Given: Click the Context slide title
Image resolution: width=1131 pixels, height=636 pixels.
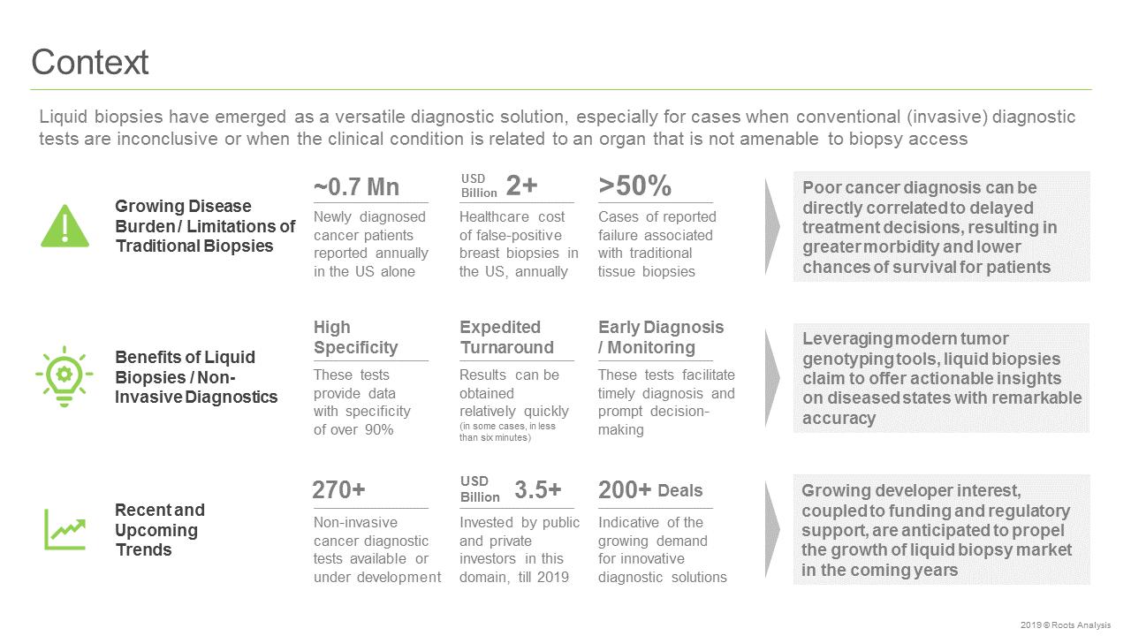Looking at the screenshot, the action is point(90,62).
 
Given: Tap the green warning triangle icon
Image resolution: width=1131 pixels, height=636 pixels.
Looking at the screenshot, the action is point(65,226).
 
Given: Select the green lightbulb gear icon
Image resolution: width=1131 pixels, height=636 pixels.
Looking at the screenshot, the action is point(65,376).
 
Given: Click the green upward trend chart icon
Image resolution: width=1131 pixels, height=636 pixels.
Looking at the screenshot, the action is point(65,529).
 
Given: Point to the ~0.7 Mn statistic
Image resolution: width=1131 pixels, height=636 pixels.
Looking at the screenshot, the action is point(356,186).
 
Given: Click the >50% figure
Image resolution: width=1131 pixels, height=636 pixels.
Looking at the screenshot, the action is point(634,185).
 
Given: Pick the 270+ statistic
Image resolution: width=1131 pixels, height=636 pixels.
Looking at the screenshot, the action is point(338,489).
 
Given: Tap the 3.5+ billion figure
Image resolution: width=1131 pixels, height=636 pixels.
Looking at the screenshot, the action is point(538,489).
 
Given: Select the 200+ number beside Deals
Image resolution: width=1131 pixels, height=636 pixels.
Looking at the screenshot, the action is point(625,489).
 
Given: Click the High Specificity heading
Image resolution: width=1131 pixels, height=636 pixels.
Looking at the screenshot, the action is point(355,337).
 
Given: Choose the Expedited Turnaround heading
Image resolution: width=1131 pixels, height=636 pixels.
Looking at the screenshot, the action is point(506,337).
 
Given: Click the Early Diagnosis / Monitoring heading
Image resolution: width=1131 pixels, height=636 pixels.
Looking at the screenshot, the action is point(661,337).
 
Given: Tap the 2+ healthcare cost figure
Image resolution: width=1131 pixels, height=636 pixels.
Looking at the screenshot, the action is point(521,185).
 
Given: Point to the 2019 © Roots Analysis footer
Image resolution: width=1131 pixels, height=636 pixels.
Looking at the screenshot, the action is point(1066,625).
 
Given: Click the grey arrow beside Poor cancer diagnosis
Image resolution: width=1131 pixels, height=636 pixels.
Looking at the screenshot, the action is point(772,227).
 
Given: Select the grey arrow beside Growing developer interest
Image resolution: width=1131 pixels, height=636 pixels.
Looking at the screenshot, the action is point(772,529).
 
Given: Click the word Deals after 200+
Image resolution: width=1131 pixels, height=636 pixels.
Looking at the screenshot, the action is point(680,490).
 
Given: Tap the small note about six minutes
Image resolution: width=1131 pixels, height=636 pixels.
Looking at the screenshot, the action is point(507,432).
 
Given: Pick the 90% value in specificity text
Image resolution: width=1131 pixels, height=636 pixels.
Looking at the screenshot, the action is point(379,429).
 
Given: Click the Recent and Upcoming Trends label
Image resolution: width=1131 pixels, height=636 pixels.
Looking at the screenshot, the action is point(160,529).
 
